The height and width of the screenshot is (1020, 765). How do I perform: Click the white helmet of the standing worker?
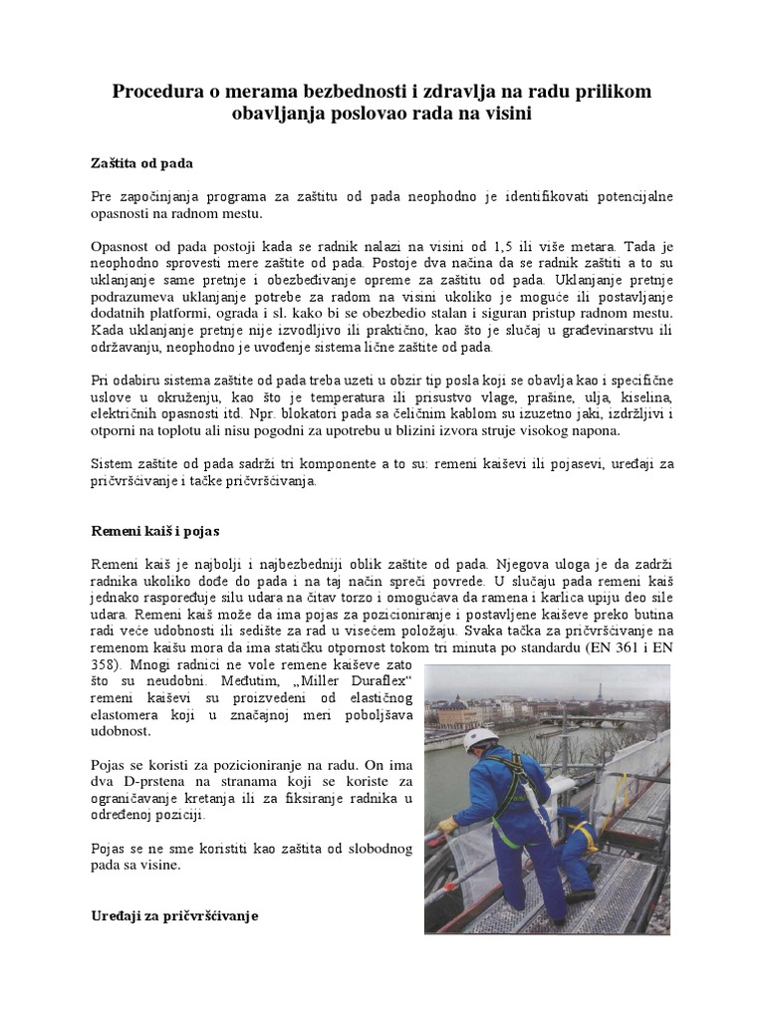[483, 738]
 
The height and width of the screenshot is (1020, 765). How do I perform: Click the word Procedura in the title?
[158, 92]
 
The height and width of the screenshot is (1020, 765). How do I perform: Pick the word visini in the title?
[507, 115]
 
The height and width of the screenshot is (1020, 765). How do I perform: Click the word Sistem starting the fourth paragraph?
[115, 464]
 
